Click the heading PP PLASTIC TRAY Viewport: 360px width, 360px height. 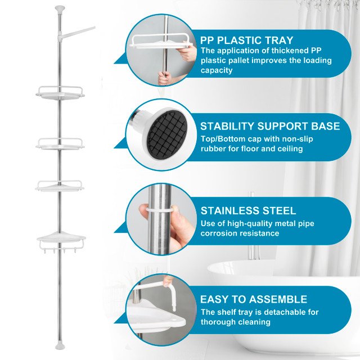(246, 40)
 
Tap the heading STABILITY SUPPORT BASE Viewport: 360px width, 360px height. (270, 126)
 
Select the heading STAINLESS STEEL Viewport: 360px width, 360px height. (248, 211)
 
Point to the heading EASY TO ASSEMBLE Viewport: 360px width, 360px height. (254, 299)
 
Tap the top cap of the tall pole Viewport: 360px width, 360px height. (60, 8)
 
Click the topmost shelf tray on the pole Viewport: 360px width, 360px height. (60, 93)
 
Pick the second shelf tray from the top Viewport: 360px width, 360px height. (60, 143)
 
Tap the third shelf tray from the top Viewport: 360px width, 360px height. (60, 186)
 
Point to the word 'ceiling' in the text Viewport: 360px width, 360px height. (288, 148)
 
